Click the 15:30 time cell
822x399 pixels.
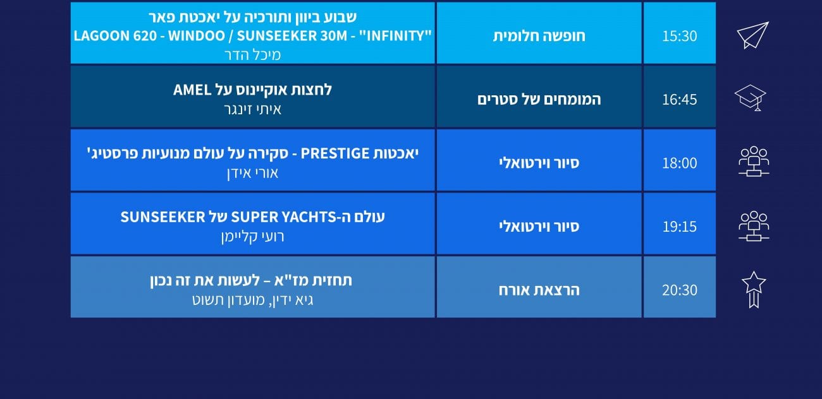[x=679, y=33]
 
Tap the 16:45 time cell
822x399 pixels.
[x=679, y=97]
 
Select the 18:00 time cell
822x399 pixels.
[x=679, y=160]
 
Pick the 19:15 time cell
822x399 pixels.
[x=679, y=223]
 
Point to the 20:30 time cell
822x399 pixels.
[x=679, y=287]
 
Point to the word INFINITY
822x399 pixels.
[x=395, y=35]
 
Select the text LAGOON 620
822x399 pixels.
[x=115, y=36]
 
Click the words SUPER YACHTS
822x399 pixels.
[x=281, y=217]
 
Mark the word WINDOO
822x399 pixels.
[x=196, y=36]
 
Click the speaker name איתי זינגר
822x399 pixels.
[x=252, y=109]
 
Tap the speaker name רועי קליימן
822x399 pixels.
[x=252, y=236]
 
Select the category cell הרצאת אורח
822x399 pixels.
[x=539, y=287]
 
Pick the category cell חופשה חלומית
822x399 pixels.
[x=539, y=33]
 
